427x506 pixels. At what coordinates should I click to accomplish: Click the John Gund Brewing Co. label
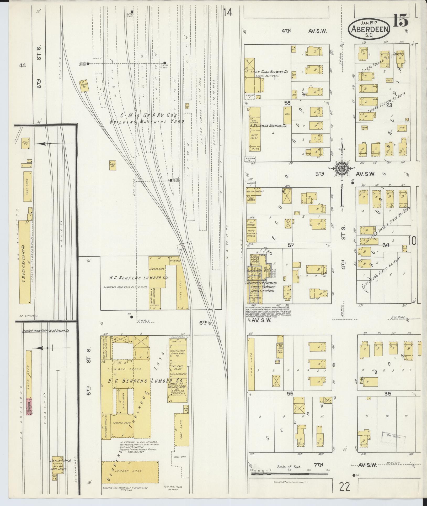pos(269,71)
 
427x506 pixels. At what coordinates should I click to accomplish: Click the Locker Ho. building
pos(113,165)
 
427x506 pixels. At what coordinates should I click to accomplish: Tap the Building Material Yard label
pos(147,122)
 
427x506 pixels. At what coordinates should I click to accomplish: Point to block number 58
pos(287,103)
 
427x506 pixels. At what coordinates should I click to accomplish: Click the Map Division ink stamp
pos(394,438)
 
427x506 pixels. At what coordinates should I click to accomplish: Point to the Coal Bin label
pos(179,464)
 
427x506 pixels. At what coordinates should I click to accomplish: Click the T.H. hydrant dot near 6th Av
pos(132,317)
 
